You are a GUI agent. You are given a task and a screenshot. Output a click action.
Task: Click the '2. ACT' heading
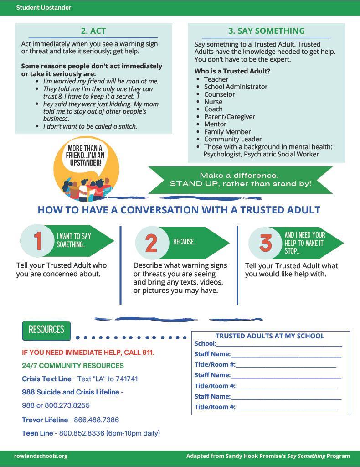tap(93, 31)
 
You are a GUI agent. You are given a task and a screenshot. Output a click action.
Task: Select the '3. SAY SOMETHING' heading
tap(266, 31)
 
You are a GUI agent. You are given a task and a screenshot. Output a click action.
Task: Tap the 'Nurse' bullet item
tap(213, 102)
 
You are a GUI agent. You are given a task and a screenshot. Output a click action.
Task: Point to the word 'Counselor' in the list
tap(220, 94)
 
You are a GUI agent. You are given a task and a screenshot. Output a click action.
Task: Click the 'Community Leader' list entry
tap(233, 139)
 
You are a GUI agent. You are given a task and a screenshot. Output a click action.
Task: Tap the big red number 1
tap(38, 241)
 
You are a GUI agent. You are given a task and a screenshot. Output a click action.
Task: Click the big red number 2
tap(151, 243)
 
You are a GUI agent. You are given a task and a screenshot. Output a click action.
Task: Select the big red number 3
tap(266, 243)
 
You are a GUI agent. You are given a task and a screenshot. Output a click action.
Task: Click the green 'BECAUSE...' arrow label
tap(185, 242)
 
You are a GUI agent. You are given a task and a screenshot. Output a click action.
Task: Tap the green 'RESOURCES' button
tap(46, 330)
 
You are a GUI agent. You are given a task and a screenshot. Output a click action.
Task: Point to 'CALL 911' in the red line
tap(139, 353)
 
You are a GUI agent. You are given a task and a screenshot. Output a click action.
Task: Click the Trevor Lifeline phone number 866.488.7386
tap(96, 420)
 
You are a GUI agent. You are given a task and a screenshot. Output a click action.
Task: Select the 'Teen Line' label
tap(37, 433)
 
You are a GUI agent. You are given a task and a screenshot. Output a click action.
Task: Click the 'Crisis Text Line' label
tap(46, 379)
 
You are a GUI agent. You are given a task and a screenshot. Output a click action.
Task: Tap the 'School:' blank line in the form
tap(279, 344)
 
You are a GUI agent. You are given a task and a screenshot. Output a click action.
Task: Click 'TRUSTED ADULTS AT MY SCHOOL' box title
tap(270, 336)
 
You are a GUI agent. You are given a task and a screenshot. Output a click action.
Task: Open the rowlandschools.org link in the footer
tap(41, 456)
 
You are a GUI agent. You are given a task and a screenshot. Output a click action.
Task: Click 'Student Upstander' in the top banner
tap(44, 8)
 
